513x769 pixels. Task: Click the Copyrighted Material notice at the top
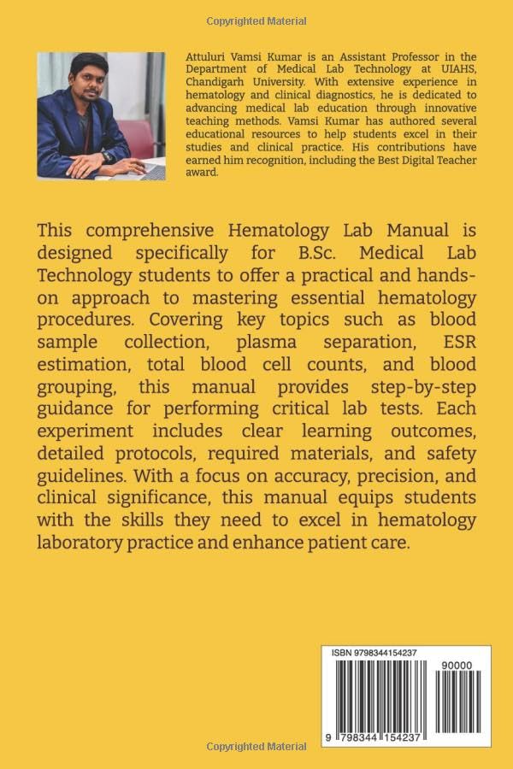256,21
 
